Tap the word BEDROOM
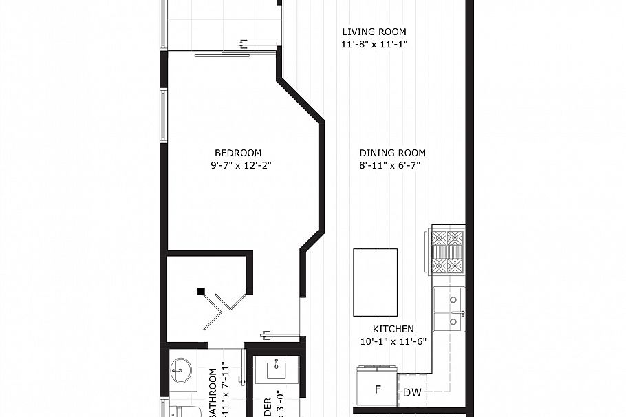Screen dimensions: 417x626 (x=238, y=153)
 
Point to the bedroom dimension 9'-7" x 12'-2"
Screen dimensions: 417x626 (x=238, y=165)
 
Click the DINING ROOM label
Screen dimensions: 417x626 (x=392, y=153)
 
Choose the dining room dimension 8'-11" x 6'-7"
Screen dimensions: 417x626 (x=389, y=165)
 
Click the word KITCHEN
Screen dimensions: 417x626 (x=393, y=329)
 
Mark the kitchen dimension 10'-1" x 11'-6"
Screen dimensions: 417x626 (x=393, y=341)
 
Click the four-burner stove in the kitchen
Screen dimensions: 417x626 (x=447, y=252)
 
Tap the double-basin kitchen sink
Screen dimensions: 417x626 (x=449, y=310)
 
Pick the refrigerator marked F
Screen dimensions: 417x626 (x=377, y=390)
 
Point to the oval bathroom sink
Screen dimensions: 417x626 (x=182, y=371)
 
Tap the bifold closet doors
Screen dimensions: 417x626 (x=227, y=307)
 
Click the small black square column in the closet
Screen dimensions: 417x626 (x=201, y=291)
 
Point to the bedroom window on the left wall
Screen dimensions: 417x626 (x=164, y=116)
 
